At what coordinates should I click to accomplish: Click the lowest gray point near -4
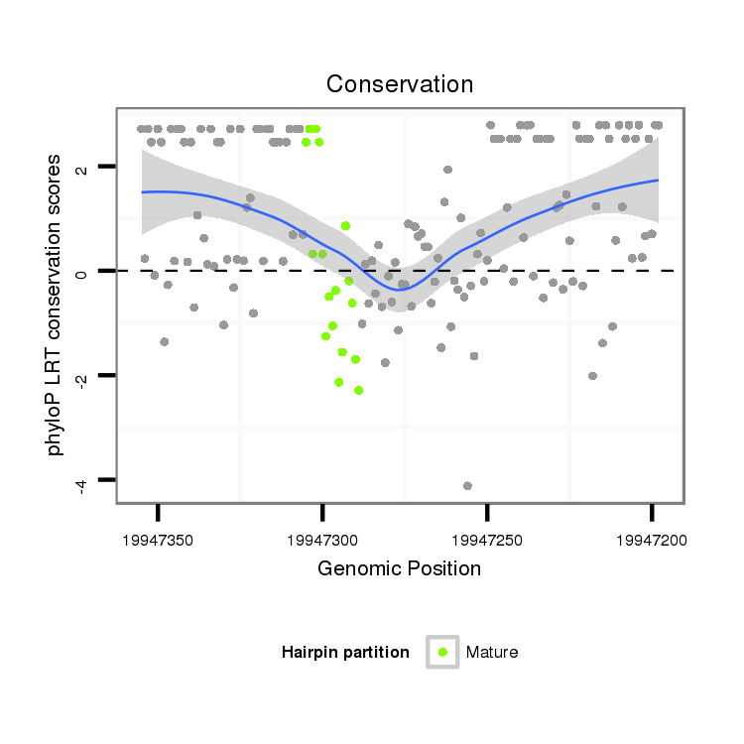tap(467, 485)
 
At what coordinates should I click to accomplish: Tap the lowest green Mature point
tap(358, 390)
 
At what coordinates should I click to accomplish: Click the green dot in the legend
tap(442, 652)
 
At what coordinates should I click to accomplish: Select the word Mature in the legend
tap(492, 652)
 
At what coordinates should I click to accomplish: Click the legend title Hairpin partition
tap(345, 652)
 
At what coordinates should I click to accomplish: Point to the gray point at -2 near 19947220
tap(592, 376)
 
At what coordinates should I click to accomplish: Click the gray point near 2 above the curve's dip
tap(447, 170)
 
